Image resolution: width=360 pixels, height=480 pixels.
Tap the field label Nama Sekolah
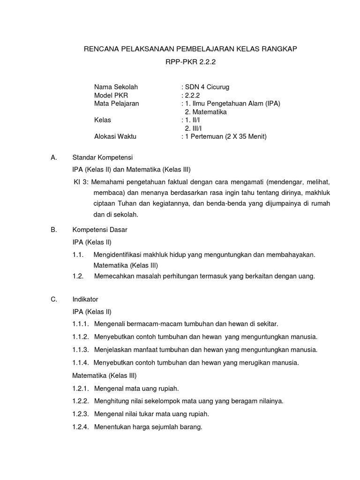pos(116,87)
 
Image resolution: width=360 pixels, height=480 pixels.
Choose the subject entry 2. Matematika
pos(206,112)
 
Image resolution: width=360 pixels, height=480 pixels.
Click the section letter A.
pos(53,157)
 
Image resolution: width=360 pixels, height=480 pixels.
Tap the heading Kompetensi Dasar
pos(100,230)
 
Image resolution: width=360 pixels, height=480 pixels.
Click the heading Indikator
pos(85,299)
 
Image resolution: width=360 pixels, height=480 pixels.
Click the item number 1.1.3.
pos(81,350)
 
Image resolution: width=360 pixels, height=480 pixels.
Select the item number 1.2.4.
pos(81,427)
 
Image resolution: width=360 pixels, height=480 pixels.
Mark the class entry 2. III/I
pos(194,128)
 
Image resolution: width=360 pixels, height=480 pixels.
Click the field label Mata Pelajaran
pos(117,104)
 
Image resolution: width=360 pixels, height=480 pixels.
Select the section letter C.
pos(53,299)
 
